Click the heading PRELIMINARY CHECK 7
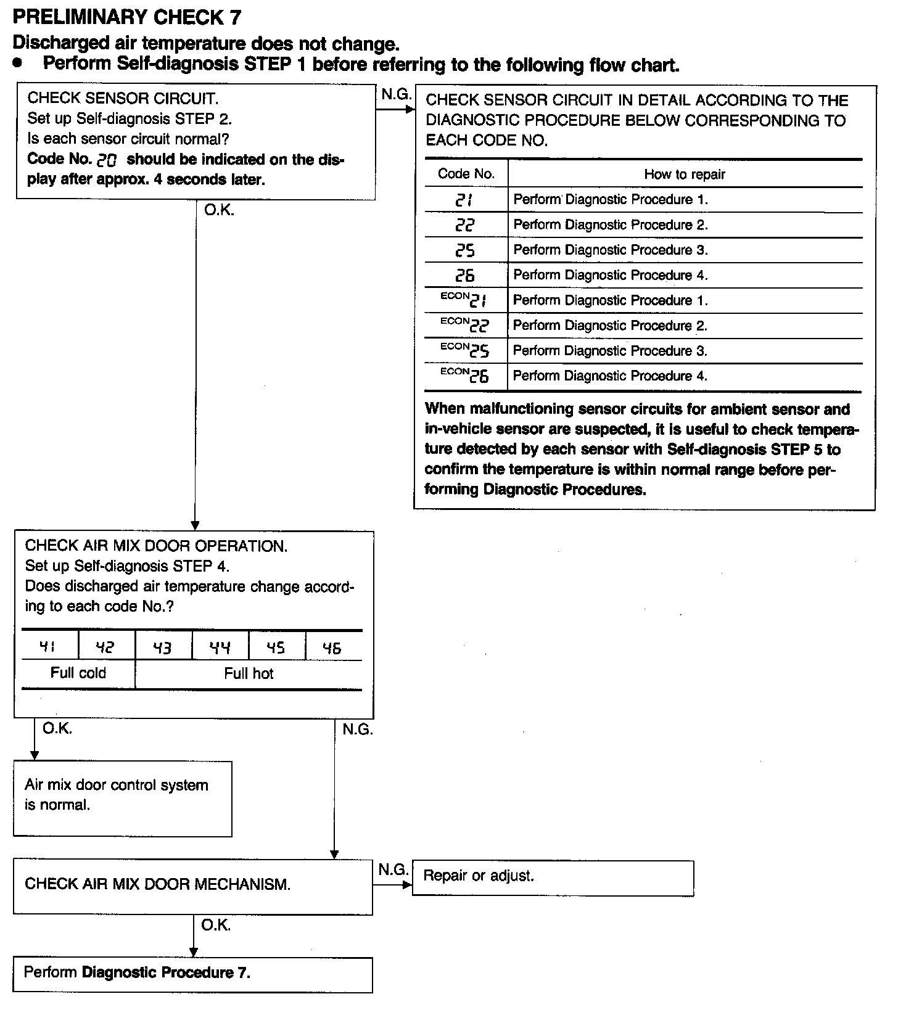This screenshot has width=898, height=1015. pos(127,17)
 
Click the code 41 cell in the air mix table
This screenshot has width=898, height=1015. pos(49,647)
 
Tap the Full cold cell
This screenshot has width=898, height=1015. pos(78,673)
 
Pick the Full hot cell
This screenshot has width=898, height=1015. pos(249,673)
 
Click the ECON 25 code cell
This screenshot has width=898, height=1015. pos(465,350)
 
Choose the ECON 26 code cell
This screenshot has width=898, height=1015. pos(465,376)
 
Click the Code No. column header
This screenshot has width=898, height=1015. pos(466,174)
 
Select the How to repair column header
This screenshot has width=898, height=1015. pos(685,175)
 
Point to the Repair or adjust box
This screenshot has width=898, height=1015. pos(553,878)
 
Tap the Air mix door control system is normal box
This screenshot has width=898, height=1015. pos(123,799)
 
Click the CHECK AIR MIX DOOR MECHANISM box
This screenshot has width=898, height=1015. pos(192,887)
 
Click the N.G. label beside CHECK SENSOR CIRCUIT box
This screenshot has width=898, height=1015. pos(396,95)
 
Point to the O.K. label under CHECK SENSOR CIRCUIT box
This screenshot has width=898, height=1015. pos(220,210)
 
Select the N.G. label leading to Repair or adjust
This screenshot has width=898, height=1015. pos(393,870)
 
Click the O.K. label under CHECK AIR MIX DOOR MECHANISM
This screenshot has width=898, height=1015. pos(216,925)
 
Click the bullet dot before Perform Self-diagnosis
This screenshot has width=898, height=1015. pos(20,64)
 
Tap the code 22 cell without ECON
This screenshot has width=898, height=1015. pos(466,225)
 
